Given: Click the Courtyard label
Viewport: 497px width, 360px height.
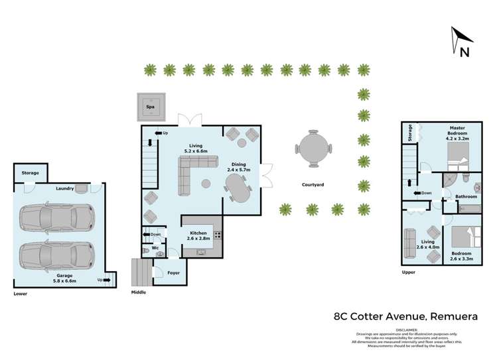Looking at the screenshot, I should coord(312,184).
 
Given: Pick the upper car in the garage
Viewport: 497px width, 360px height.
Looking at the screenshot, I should coord(56,216).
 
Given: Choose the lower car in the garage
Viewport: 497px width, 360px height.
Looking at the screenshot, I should coord(56,254).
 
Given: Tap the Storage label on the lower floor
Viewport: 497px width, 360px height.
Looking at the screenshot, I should coord(30,173).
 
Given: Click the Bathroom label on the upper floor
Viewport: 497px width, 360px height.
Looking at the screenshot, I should coord(466,196).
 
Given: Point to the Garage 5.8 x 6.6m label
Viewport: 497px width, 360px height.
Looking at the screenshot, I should coord(64,277).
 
